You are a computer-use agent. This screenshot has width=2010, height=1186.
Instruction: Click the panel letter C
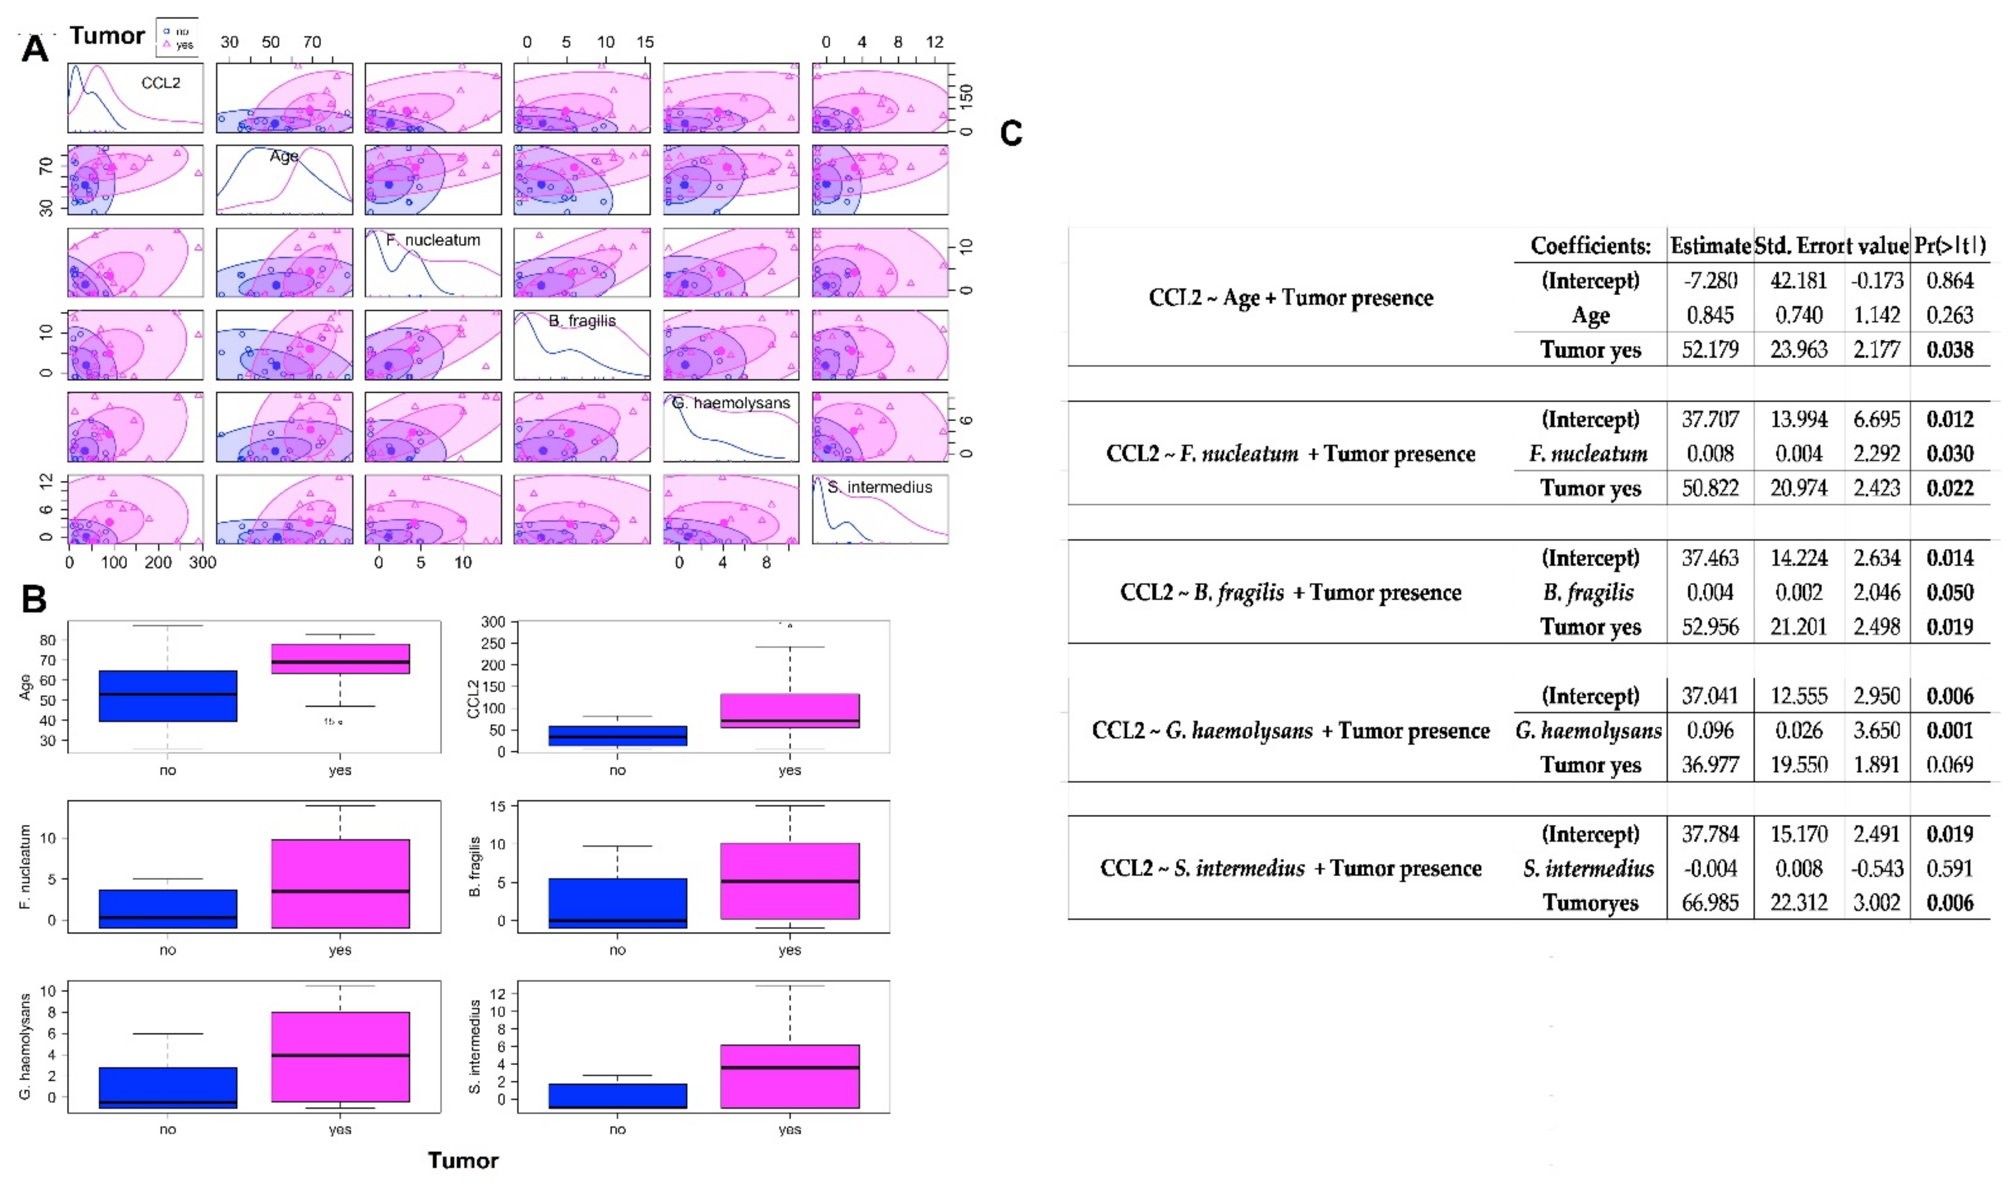1011,133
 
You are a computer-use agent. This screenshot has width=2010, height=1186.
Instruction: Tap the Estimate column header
1710,245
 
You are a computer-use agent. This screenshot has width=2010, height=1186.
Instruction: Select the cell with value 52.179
1710,349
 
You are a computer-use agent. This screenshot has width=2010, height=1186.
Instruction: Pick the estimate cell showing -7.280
1710,280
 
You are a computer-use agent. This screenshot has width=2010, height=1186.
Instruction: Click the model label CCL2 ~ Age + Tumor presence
1291,298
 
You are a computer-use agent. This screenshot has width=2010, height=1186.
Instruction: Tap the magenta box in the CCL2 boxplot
790,710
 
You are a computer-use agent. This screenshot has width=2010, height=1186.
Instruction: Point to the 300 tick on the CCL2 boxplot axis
493,622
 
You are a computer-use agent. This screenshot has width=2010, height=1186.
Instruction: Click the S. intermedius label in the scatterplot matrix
879,487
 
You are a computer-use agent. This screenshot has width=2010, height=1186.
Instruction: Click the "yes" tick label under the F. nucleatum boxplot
340,950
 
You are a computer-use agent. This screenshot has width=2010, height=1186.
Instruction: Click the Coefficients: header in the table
1590,245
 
